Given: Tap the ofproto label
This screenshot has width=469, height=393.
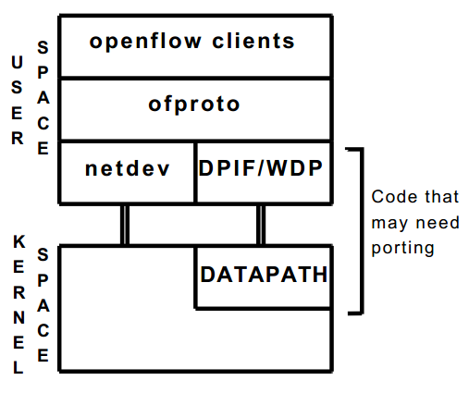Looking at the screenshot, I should [194, 104].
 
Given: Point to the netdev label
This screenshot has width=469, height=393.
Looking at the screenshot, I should [126, 169].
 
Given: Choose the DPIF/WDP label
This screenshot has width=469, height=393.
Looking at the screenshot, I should [264, 169].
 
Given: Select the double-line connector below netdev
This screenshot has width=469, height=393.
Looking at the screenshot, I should [124, 224].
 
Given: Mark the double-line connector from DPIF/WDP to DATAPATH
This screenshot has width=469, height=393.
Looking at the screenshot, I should [261, 224].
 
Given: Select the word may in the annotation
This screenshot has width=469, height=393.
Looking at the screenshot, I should [388, 223].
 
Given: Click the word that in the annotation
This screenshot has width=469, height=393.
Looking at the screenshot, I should [430, 198].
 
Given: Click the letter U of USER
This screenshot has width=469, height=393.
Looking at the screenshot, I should [18, 62].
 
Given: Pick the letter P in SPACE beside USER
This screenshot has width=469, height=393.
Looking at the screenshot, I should [43, 71].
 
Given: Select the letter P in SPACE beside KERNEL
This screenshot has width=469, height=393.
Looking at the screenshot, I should [43, 277].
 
